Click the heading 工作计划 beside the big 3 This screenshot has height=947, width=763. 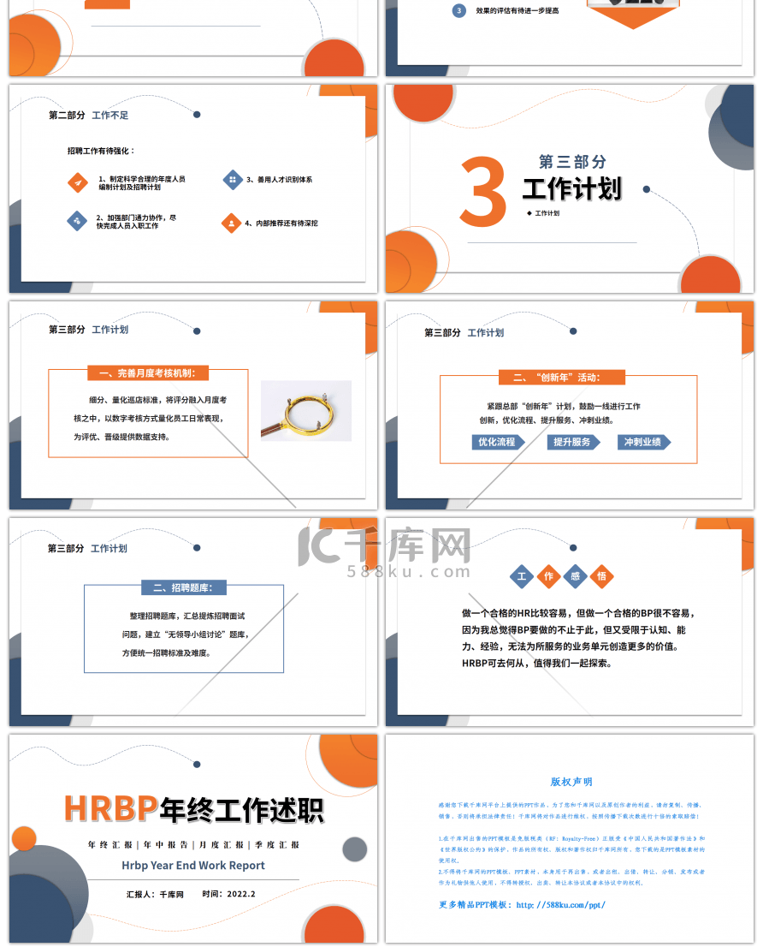[571, 188]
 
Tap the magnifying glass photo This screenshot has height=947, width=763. [305, 411]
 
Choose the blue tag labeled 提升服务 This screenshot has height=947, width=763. [572, 443]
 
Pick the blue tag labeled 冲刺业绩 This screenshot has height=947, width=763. [643, 443]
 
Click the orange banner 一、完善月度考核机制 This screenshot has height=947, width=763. [148, 373]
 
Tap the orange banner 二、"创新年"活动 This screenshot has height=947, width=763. [561, 377]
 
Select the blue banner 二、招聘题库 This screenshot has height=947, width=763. [183, 587]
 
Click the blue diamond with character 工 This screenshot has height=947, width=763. [521, 576]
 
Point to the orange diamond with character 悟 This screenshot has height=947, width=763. [601, 576]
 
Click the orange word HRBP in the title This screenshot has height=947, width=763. [111, 807]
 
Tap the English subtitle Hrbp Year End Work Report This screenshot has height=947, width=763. [193, 866]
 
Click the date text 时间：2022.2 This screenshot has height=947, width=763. [229, 894]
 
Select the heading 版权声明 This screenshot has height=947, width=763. [571, 782]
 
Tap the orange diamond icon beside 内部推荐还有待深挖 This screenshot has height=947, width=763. [231, 223]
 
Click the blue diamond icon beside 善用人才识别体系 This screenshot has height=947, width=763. [232, 180]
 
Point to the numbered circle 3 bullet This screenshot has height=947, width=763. [459, 10]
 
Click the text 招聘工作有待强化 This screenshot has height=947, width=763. [101, 151]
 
